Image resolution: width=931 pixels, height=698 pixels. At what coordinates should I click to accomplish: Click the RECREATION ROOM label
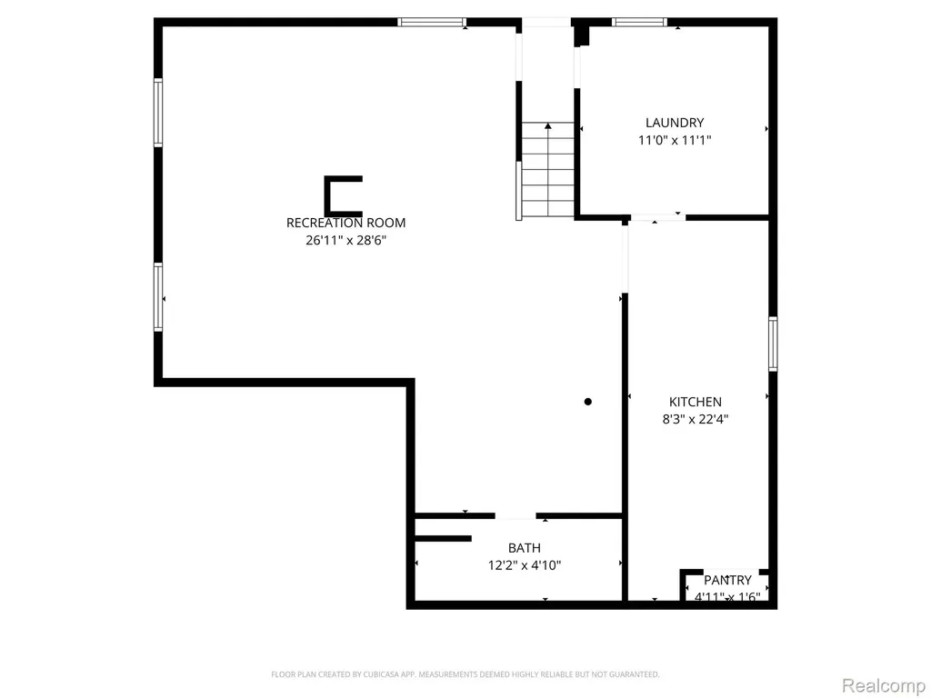(345, 223)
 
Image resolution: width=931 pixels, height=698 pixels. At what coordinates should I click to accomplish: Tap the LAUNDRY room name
(675, 123)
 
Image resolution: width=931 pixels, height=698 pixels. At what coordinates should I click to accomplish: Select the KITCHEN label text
(696, 402)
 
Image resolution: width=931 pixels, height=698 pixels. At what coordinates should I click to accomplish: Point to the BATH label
(525, 548)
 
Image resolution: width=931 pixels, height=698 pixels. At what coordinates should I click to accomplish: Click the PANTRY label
(727, 580)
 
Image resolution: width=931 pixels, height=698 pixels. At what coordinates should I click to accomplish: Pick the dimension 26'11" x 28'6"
(345, 240)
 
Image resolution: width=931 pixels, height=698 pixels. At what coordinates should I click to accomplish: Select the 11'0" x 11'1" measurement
(675, 140)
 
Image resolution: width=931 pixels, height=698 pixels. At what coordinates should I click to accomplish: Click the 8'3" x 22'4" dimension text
(696, 419)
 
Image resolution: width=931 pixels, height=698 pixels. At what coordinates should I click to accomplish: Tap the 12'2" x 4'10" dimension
(525, 565)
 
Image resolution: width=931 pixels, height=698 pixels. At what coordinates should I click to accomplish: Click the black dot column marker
(588, 402)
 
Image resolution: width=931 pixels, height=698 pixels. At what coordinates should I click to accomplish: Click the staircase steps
(548, 170)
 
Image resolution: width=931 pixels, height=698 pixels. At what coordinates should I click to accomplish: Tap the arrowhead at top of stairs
(548, 125)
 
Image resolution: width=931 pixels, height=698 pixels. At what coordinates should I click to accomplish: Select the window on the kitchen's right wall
(773, 344)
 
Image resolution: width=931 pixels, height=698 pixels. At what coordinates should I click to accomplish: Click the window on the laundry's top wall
(639, 23)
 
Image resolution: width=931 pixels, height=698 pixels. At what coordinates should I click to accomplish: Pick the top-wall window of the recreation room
(432, 23)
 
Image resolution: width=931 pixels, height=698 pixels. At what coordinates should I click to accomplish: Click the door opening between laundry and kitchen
(657, 218)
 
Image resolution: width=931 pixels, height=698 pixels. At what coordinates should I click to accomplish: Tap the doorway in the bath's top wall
(516, 516)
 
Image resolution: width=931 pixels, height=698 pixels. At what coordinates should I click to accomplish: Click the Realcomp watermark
(884, 685)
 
